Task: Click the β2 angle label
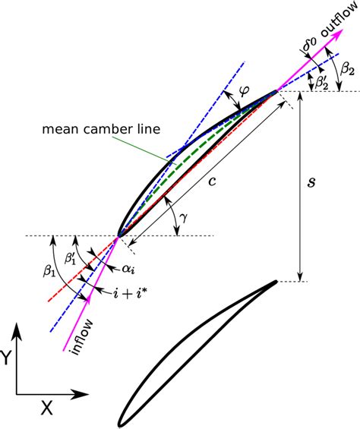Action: [x=347, y=70]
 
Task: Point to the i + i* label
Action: [x=131, y=291]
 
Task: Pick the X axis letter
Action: [x=47, y=408]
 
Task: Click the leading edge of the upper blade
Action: [x=118, y=237]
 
